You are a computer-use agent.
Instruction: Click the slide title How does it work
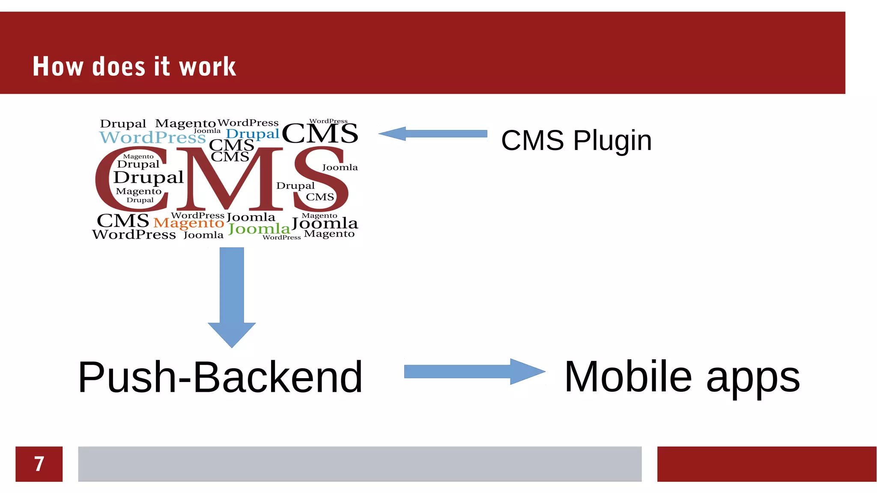pyautogui.click(x=134, y=67)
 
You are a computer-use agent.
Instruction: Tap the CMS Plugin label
pyautogui.click(x=576, y=140)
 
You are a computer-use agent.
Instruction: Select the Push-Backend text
pyautogui.click(x=220, y=377)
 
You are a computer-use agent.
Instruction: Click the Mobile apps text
pyautogui.click(x=682, y=377)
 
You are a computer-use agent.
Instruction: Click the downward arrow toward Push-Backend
pyautogui.click(x=232, y=296)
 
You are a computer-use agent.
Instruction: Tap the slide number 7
pyautogui.click(x=39, y=464)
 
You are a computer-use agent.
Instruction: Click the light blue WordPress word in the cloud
pyautogui.click(x=152, y=138)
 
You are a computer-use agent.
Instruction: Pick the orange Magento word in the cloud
pyautogui.click(x=189, y=223)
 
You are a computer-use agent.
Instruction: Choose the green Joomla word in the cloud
pyautogui.click(x=259, y=229)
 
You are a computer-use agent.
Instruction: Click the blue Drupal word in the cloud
pyautogui.click(x=252, y=134)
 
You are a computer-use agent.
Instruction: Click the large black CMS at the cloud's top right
pyautogui.click(x=319, y=134)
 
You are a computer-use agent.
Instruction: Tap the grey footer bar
pyautogui.click(x=360, y=464)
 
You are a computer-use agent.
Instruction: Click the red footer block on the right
pyautogui.click(x=767, y=464)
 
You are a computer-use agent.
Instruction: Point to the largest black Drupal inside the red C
pyautogui.click(x=148, y=177)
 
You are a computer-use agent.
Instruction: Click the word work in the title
pyautogui.click(x=207, y=67)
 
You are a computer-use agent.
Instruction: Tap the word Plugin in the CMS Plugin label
pyautogui.click(x=612, y=140)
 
